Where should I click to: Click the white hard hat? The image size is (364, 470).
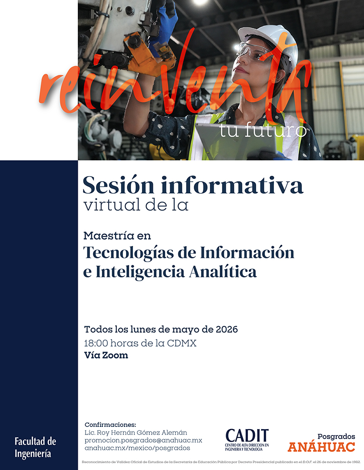tap(270, 42)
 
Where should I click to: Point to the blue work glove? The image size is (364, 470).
tap(164, 27)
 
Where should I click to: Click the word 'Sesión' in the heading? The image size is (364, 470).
tap(118, 185)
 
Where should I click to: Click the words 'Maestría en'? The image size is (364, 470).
tap(117, 236)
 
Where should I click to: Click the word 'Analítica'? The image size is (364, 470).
tap(223, 272)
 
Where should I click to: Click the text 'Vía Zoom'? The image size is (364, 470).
tap(106, 355)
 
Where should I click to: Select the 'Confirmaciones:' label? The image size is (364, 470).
tap(110, 425)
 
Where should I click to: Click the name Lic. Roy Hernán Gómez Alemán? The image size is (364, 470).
tap(136, 432)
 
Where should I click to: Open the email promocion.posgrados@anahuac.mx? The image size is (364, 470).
tap(143, 440)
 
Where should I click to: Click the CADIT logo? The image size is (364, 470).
tap(247, 440)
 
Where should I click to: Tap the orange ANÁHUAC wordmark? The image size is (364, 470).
tap(321, 447)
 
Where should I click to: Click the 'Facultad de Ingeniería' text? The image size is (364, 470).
tap(35, 447)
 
